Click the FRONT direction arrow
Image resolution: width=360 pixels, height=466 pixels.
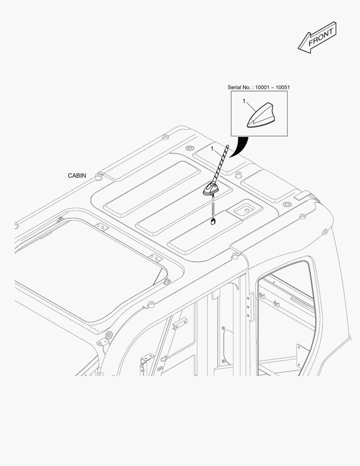(317, 38)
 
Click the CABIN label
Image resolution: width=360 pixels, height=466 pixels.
(77, 176)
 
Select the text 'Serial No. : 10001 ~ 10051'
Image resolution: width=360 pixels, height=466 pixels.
(259, 87)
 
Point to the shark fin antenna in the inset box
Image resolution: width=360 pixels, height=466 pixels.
(260, 116)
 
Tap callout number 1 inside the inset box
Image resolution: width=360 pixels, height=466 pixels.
(244, 101)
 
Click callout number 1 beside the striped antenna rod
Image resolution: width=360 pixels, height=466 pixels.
(212, 148)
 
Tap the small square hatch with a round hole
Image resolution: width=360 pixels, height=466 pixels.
(244, 211)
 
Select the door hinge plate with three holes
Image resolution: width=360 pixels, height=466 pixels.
(250, 306)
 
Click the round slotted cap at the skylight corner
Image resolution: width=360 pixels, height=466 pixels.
(109, 335)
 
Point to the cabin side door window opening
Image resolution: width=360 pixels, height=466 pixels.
(285, 318)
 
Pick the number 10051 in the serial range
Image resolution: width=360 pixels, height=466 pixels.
(283, 87)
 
